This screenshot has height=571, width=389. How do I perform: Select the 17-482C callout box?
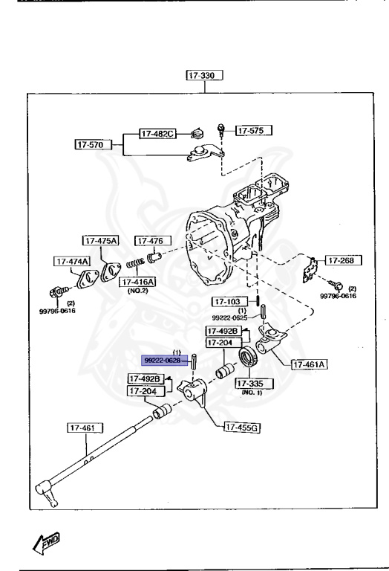(x=157, y=134)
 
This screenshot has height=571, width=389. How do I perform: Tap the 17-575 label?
(x=253, y=130)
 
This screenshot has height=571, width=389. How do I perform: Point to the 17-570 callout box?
(x=93, y=144)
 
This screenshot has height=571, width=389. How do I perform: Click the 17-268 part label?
(x=342, y=261)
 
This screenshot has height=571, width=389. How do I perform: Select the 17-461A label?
(x=311, y=364)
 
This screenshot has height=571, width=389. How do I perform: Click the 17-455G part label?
(x=242, y=426)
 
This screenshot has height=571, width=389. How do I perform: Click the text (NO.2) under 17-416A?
(x=138, y=291)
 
